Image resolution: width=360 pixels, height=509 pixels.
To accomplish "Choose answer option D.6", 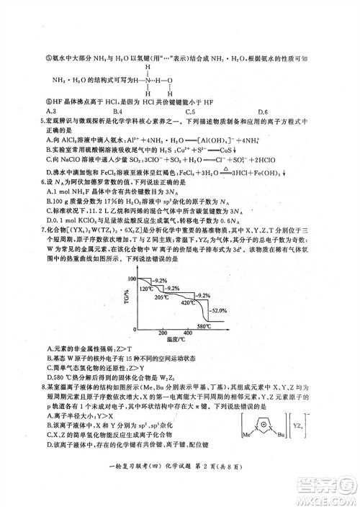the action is coord(262,112).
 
